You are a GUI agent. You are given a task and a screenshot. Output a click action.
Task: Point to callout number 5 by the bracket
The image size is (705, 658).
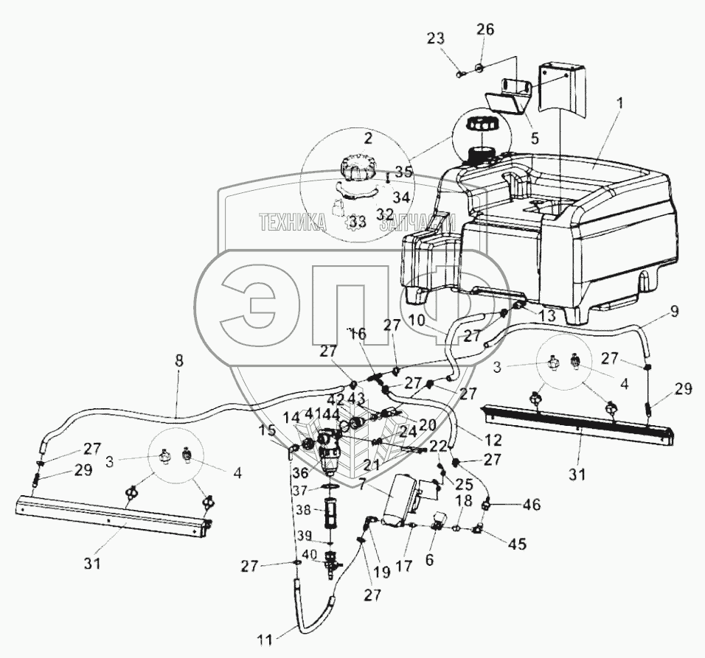pyautogui.click(x=535, y=136)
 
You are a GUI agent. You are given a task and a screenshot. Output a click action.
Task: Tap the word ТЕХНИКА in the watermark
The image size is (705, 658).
pyautogui.click(x=291, y=222)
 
